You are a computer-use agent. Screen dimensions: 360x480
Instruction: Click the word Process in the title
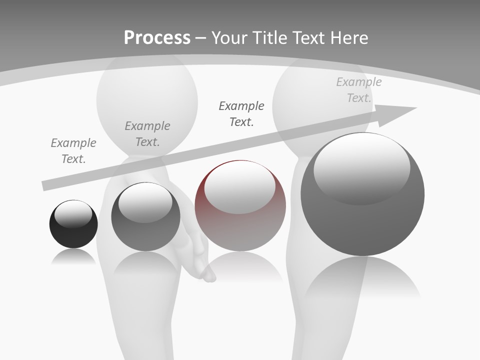[157, 37]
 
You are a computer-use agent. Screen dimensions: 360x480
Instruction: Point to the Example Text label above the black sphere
[73, 150]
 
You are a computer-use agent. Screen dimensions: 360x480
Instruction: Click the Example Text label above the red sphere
[241, 113]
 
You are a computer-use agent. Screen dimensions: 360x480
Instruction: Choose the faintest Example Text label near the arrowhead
[359, 90]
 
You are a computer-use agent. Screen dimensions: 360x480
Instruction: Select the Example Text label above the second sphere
[147, 133]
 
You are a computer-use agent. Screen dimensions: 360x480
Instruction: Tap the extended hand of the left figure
[202, 260]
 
